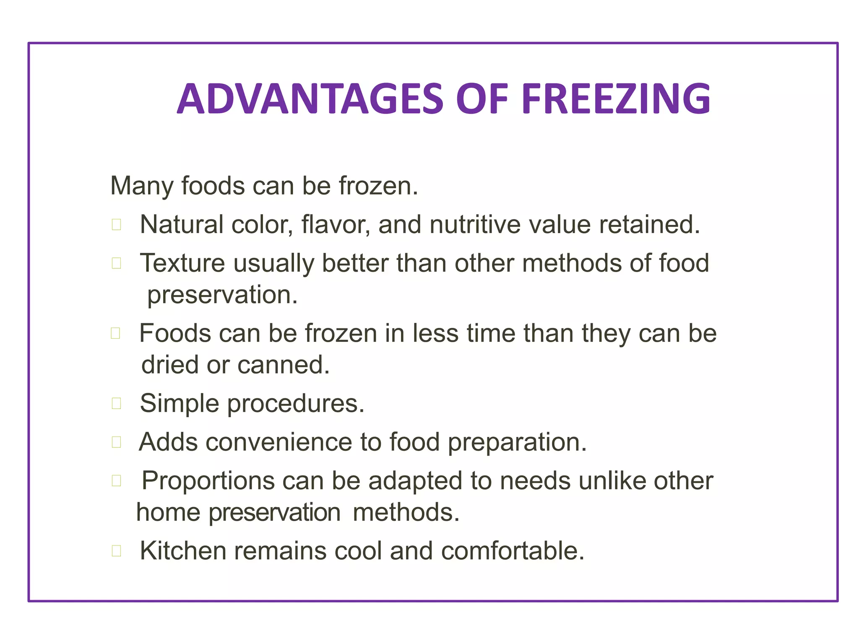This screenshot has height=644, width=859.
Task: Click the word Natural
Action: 181,224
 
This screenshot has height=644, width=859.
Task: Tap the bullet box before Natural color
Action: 117,225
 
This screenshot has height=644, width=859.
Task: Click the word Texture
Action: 182,263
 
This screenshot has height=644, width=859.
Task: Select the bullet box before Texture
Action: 117,263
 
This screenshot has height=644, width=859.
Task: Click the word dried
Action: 169,365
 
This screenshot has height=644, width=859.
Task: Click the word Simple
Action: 179,403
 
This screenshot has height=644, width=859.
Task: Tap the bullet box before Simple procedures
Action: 117,403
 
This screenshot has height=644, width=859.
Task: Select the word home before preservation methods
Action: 168,512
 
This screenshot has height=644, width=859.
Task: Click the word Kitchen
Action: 183,551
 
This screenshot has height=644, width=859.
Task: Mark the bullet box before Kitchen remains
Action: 117,551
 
